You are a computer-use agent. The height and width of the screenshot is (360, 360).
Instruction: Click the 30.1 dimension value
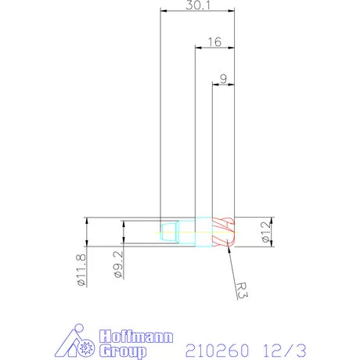197,5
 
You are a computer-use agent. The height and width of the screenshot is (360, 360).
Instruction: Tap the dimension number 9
224,78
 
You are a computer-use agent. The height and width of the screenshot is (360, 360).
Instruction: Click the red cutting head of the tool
224,232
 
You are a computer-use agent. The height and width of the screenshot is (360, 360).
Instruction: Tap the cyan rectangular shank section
203,232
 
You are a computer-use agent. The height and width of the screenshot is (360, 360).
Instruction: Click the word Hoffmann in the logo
134,337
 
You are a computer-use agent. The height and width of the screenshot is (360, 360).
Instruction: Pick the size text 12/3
283,347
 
